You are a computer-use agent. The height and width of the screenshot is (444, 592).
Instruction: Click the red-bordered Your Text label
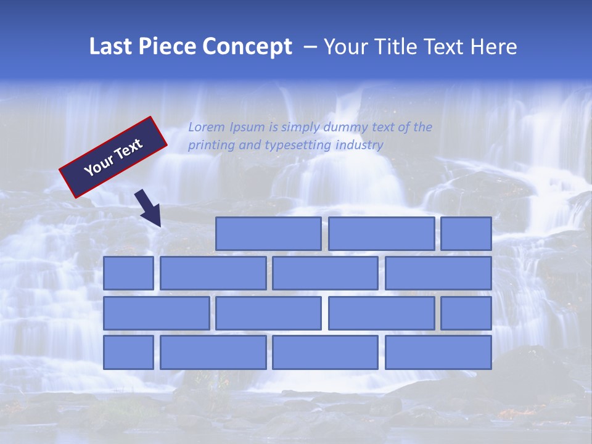pyautogui.click(x=113, y=157)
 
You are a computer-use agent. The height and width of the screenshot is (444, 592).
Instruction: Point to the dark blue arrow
pyautogui.click(x=148, y=208)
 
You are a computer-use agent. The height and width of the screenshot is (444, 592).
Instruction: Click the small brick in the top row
pyautogui.click(x=466, y=234)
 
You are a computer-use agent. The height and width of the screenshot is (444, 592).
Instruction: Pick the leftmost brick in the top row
pyautogui.click(x=268, y=234)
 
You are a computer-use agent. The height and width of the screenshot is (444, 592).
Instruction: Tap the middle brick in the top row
pyautogui.click(x=381, y=234)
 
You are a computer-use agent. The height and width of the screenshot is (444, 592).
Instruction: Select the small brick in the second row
pyautogui.click(x=128, y=273)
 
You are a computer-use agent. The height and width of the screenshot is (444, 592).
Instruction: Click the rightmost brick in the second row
pyautogui.click(x=438, y=273)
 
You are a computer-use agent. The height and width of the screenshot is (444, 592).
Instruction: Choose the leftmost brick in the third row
pyautogui.click(x=156, y=313)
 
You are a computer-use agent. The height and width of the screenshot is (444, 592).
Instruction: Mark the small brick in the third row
pyautogui.click(x=466, y=313)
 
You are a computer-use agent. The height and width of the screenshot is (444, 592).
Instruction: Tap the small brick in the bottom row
pyautogui.click(x=128, y=353)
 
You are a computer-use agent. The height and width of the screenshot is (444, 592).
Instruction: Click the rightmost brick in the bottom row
pyautogui.click(x=438, y=353)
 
